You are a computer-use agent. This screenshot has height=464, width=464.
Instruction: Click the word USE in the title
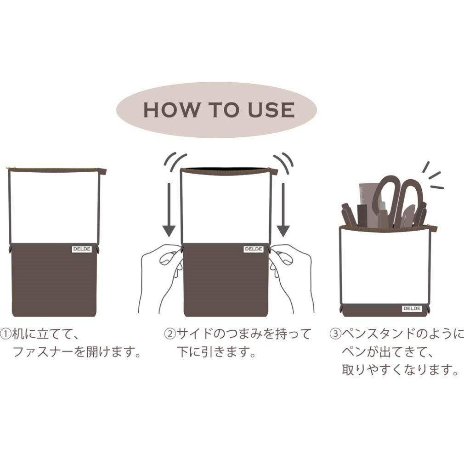[x=271, y=110]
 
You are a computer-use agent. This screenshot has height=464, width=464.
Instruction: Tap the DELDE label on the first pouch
[x=82, y=249]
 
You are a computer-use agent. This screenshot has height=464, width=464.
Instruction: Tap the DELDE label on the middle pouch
[x=254, y=249]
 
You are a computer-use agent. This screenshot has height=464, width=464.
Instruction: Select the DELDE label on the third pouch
[x=412, y=308]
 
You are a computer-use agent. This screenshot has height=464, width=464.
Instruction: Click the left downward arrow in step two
[x=169, y=210]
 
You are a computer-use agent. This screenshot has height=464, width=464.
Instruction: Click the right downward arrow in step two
[x=283, y=210]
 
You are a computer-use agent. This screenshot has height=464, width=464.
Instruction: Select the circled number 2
[x=170, y=334]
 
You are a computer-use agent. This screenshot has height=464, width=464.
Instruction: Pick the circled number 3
[x=335, y=334]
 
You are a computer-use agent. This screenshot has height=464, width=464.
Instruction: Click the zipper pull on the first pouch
[x=103, y=171]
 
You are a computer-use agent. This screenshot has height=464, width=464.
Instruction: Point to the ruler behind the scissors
[x=367, y=204]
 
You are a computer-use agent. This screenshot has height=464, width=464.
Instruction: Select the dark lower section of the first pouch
[x=54, y=280]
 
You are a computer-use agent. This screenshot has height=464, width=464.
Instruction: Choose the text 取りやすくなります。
[x=400, y=370]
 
